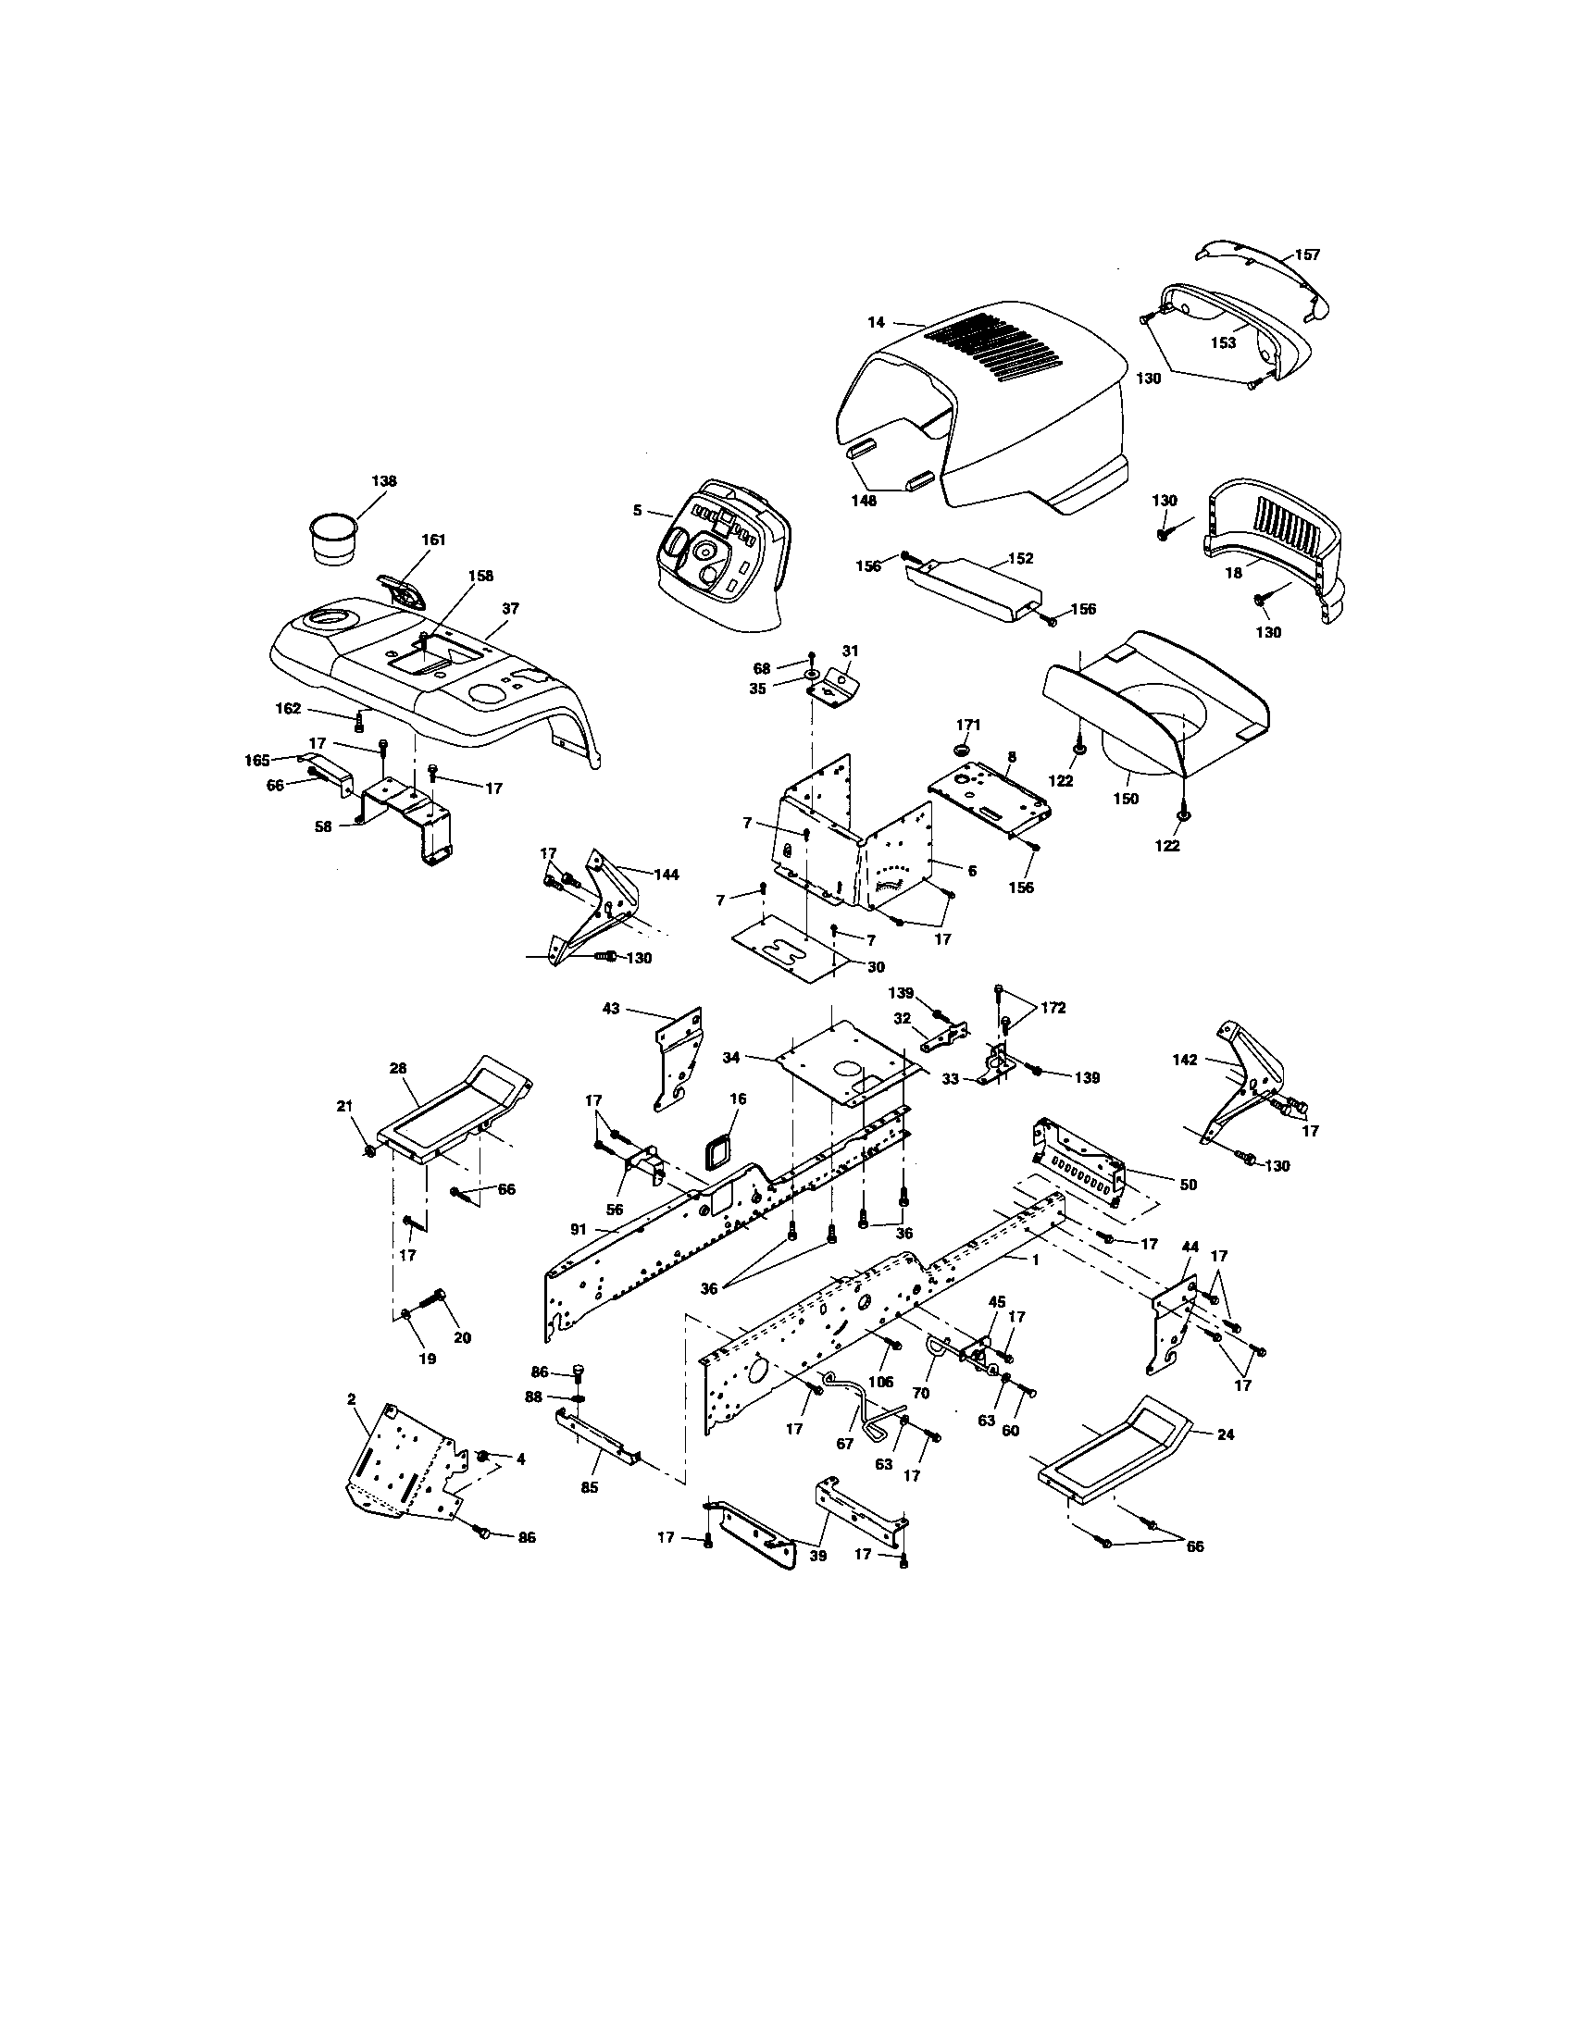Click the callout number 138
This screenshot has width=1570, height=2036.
click(x=383, y=481)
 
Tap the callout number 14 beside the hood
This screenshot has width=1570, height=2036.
click(x=876, y=323)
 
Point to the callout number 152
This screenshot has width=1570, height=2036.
click(x=1021, y=558)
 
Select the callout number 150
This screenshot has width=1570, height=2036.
click(x=1126, y=799)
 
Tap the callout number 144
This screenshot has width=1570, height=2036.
click(x=666, y=875)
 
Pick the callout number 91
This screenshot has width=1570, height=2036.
click(x=579, y=1230)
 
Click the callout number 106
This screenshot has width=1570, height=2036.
click(x=880, y=1382)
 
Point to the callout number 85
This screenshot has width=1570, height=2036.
click(x=590, y=1488)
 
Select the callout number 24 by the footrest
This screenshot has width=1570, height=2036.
click(x=1226, y=1434)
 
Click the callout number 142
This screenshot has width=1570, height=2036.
click(x=1185, y=1060)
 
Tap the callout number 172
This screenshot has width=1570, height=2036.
click(x=1053, y=1008)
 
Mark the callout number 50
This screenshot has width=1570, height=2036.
click(x=1187, y=1185)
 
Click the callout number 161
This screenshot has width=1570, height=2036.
click(x=433, y=540)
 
